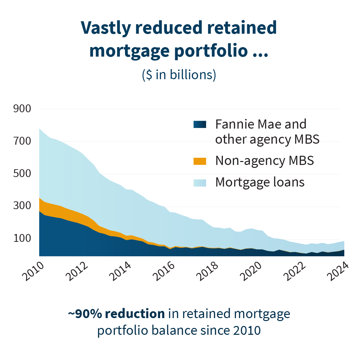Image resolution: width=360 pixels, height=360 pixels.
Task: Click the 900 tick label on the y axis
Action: (x=22, y=109)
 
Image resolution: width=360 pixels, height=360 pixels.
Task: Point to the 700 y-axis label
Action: (x=22, y=141)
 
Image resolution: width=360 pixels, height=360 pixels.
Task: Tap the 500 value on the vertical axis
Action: (x=22, y=174)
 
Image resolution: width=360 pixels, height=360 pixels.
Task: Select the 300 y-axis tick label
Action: (x=22, y=206)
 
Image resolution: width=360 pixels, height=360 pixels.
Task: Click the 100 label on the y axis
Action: (x=22, y=239)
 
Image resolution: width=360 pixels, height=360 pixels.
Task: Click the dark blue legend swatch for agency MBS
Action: (x=200, y=124)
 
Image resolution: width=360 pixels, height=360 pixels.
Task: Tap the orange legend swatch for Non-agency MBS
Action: (x=200, y=161)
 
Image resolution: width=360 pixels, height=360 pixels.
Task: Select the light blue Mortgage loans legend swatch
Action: (x=200, y=182)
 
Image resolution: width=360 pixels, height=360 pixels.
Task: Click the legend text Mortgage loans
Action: (x=260, y=182)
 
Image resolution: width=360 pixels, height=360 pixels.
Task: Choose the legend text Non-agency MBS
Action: (x=264, y=161)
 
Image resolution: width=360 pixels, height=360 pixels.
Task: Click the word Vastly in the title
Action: (x=105, y=28)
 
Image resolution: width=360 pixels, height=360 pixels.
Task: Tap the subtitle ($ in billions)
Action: (x=179, y=75)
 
